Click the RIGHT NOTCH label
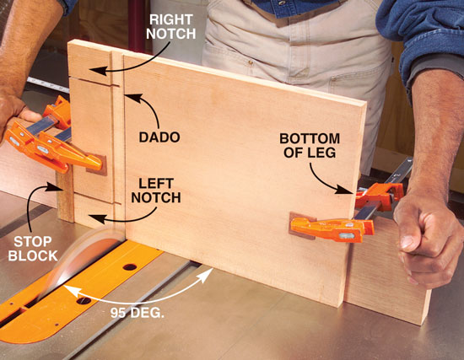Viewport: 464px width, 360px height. click(x=171, y=27)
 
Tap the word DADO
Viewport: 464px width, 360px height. click(x=159, y=137)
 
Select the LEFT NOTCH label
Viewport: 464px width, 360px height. click(x=156, y=191)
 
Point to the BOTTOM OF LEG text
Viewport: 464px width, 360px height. click(x=310, y=146)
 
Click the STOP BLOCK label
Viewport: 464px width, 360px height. click(x=33, y=249)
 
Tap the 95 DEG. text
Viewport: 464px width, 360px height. click(x=138, y=313)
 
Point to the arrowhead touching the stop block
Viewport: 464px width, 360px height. click(x=52, y=187)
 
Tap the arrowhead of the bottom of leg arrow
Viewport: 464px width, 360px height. click(x=345, y=190)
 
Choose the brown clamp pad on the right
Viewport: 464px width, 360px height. click(x=302, y=226)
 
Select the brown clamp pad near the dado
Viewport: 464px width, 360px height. click(x=97, y=164)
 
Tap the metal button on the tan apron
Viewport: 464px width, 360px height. click(x=251, y=62)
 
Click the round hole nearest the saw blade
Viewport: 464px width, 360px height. click(x=84, y=301)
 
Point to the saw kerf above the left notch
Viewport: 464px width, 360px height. click(x=96, y=199)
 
